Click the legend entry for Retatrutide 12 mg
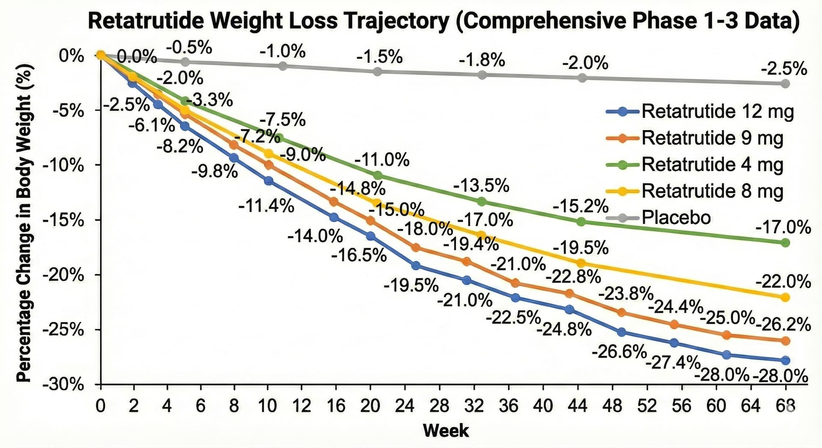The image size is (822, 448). pyautogui.click(x=717, y=112)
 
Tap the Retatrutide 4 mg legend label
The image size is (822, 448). pyautogui.click(x=712, y=165)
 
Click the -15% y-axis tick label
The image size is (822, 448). pyautogui.click(x=63, y=220)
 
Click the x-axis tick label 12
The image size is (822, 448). pyautogui.click(x=301, y=405)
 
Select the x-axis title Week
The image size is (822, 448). pyautogui.click(x=446, y=430)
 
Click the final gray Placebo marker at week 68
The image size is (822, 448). pyautogui.click(x=785, y=83)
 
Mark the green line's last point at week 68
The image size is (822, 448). pyautogui.click(x=785, y=243)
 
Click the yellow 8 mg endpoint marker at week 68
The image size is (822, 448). pyautogui.click(x=785, y=297)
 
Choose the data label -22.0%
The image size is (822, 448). pyautogui.click(x=783, y=282)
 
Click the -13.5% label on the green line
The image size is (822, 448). pyautogui.click(x=481, y=186)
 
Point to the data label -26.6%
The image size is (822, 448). pyautogui.click(x=619, y=352)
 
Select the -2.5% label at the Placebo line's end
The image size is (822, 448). pyautogui.click(x=784, y=69)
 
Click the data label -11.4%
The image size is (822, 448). pyautogui.click(x=266, y=207)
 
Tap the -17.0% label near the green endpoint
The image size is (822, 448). pyautogui.click(x=783, y=227)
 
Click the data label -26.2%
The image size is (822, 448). pyautogui.click(x=783, y=325)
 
